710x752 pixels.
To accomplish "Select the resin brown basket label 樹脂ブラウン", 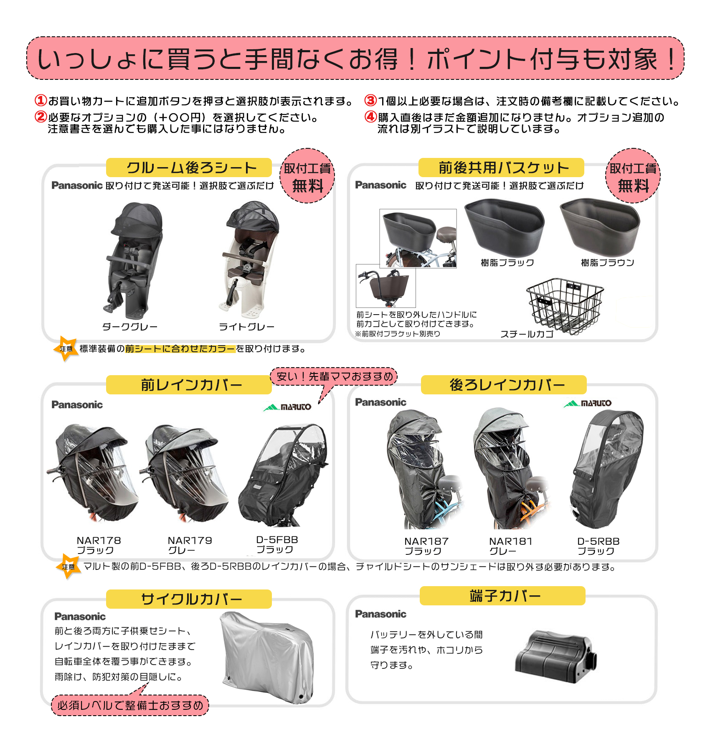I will click(x=607, y=263).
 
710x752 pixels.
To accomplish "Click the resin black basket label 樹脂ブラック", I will click(x=507, y=263).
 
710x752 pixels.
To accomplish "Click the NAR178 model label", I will click(x=99, y=541).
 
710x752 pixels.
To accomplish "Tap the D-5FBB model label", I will click(x=277, y=540).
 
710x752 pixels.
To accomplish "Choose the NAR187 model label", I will click(x=426, y=541).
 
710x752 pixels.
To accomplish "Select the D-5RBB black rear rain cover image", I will click(x=606, y=468).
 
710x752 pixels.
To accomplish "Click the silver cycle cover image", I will click(x=267, y=656).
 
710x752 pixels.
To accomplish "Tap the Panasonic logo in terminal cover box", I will click(x=380, y=614).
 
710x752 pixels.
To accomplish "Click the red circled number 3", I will click(x=370, y=101).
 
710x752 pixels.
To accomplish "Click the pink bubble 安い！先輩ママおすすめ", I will click(x=334, y=376).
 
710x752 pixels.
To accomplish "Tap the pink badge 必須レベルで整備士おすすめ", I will click(x=130, y=705).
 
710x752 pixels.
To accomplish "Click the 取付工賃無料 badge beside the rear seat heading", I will click(x=307, y=176).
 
